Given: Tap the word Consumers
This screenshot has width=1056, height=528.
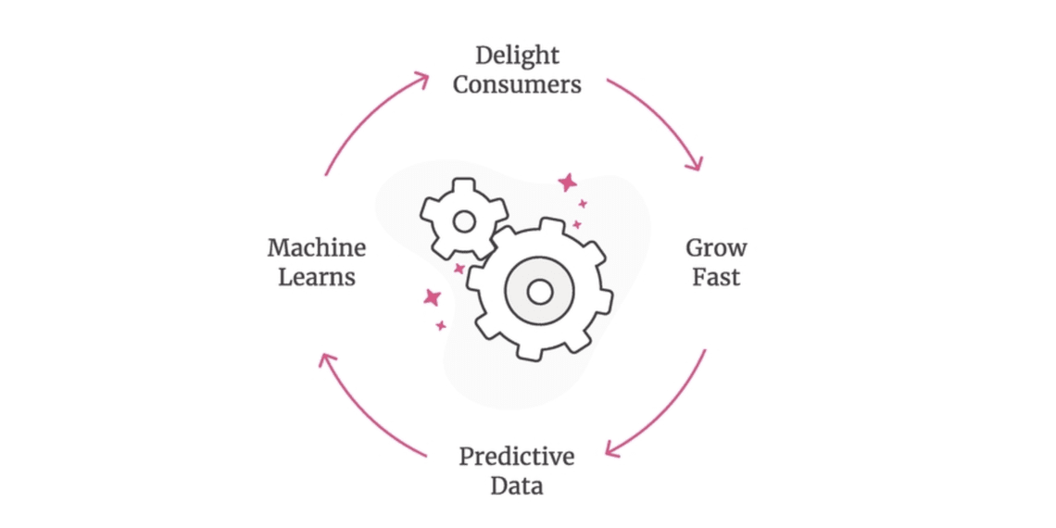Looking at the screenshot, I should pyautogui.click(x=517, y=85).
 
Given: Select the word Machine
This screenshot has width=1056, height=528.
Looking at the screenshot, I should pyautogui.click(x=317, y=248).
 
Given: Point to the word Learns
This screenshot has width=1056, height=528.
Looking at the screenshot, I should pyautogui.click(x=317, y=278).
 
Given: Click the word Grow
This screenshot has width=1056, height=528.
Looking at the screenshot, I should pyautogui.click(x=716, y=248).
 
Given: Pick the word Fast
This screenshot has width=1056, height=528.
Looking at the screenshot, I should pyautogui.click(x=716, y=278).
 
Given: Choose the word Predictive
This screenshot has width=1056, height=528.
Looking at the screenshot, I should pyautogui.click(x=517, y=457).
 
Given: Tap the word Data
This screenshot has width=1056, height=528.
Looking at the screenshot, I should pyautogui.click(x=517, y=486).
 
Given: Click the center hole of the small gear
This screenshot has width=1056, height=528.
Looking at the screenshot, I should pyautogui.click(x=464, y=220).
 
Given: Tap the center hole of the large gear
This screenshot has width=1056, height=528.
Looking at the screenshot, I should pyautogui.click(x=539, y=292).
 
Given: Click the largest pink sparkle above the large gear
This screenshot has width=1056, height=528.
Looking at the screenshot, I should pyautogui.click(x=568, y=183).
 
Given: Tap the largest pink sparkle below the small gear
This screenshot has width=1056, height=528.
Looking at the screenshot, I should pyautogui.click(x=432, y=297).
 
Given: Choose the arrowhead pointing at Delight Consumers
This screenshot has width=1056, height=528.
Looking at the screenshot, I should pyautogui.click(x=421, y=79).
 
